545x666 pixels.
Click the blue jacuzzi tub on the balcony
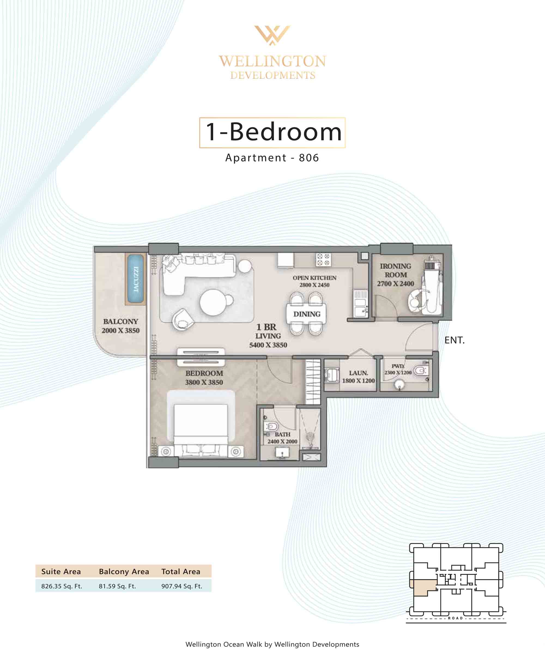136,279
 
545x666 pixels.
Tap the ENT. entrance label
454,340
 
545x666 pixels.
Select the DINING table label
307,314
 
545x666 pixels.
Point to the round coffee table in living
213,302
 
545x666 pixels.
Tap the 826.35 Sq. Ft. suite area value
62,586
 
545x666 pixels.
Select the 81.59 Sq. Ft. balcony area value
117,586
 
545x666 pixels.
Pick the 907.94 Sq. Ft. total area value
182,586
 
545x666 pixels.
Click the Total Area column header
181,571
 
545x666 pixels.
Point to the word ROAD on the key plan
455,618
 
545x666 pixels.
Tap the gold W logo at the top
272,35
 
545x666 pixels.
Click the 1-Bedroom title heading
273,132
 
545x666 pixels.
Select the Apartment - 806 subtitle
272,158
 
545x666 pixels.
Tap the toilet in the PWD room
420,371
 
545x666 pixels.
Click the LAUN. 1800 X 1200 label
358,377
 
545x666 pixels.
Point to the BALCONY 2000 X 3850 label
120,326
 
